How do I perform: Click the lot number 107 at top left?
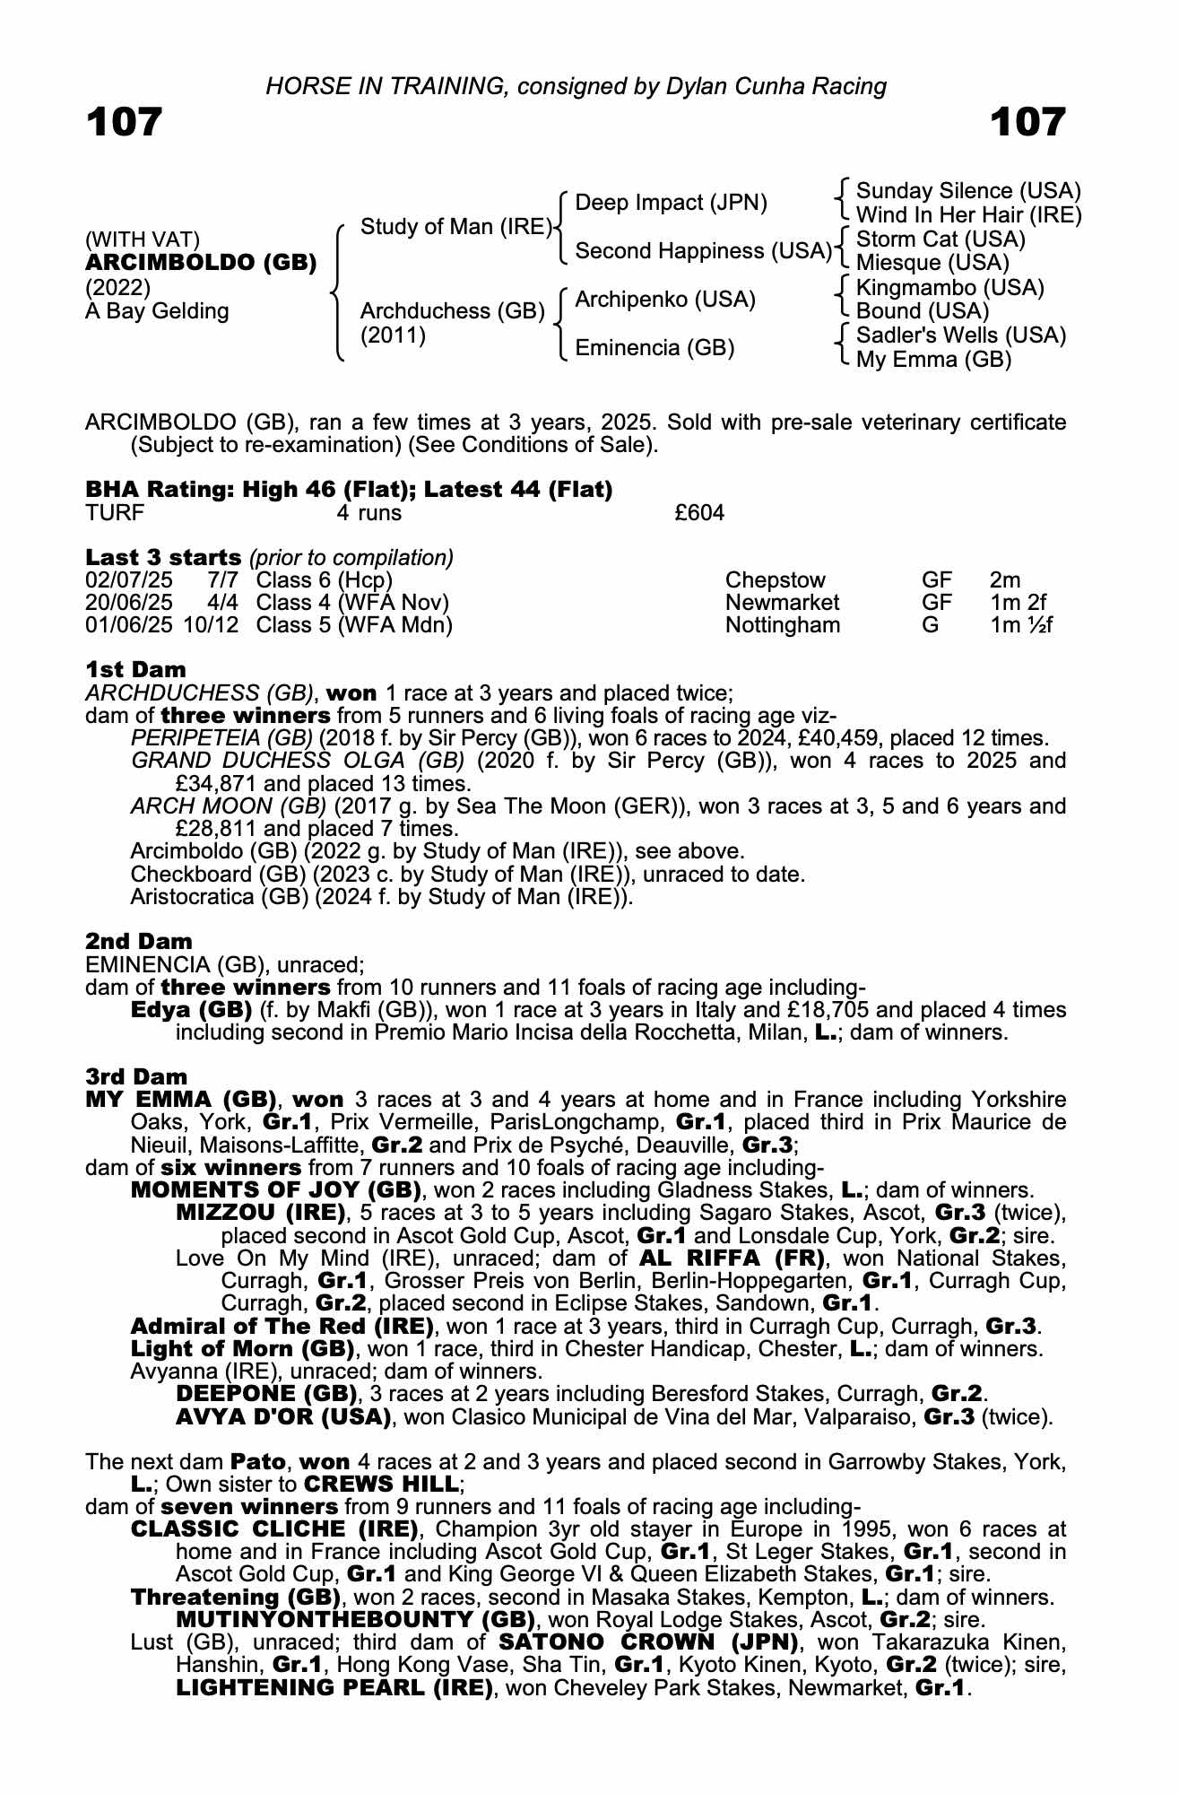tap(124, 122)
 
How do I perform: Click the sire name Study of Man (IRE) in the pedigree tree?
tap(455, 227)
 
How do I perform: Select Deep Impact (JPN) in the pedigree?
tap(671, 203)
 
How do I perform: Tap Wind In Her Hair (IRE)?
tap(968, 215)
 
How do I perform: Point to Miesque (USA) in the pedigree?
tap(932, 263)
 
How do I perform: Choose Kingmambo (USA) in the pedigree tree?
tap(949, 288)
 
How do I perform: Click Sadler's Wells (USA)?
tap(961, 335)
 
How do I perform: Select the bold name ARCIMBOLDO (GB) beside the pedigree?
tap(201, 263)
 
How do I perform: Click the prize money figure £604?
tap(699, 513)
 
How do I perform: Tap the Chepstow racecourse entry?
tap(775, 580)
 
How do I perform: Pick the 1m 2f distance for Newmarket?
tap(1018, 603)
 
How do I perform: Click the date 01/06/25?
tap(129, 625)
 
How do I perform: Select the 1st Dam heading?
tap(135, 669)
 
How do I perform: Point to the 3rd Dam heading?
tap(136, 1076)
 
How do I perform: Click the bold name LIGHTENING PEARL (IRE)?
tap(334, 1687)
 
